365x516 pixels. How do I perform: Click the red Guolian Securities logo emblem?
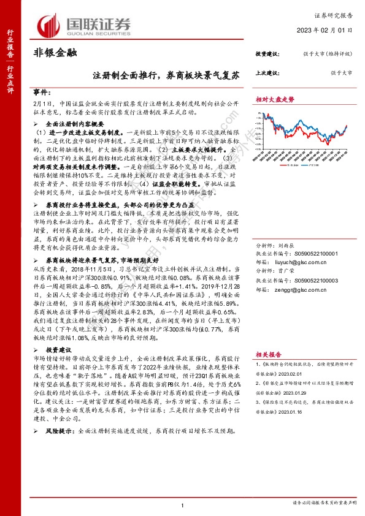click(x=50, y=25)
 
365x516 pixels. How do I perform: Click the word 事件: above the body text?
click(x=40, y=89)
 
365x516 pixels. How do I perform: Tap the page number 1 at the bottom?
click(x=183, y=504)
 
